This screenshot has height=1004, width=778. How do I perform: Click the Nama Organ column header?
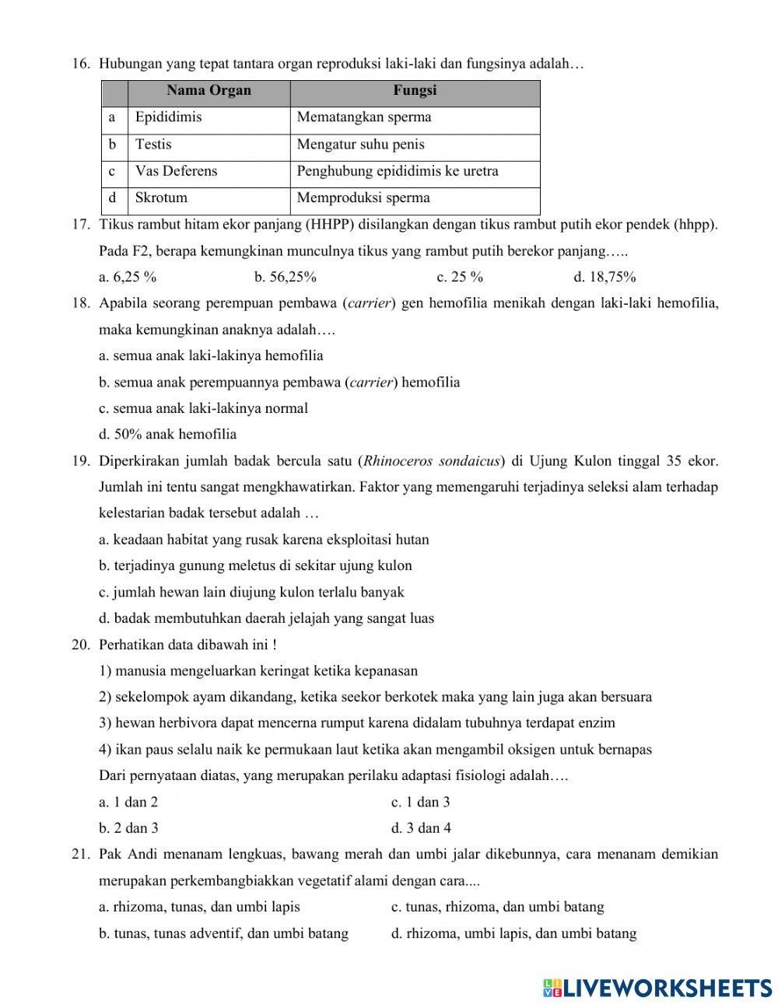click(209, 91)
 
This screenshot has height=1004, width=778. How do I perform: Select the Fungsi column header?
click(415, 91)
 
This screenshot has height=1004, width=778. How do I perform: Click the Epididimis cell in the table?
click(168, 117)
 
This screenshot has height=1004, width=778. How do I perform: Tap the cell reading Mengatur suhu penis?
click(360, 145)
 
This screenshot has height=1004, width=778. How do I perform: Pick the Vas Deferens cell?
click(176, 171)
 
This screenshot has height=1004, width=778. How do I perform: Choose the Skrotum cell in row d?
click(161, 198)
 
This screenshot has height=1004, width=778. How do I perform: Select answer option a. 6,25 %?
click(128, 277)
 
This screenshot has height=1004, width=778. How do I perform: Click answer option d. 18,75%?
click(605, 277)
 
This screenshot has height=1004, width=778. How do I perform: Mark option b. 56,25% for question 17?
click(285, 277)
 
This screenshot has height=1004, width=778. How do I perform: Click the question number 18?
click(81, 303)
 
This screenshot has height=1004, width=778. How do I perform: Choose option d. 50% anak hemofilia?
click(167, 434)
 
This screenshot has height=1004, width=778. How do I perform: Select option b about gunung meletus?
click(255, 565)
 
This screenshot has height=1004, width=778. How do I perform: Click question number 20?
click(81, 645)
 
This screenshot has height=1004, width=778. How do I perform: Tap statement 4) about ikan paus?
click(375, 750)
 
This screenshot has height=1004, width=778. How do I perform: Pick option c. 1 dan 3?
click(420, 802)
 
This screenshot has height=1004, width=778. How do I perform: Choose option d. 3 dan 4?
click(421, 828)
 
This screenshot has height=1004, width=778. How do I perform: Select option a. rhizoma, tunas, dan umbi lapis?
click(199, 907)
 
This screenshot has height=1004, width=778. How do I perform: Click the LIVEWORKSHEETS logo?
click(657, 988)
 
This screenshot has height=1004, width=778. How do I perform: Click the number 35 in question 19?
click(675, 461)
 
